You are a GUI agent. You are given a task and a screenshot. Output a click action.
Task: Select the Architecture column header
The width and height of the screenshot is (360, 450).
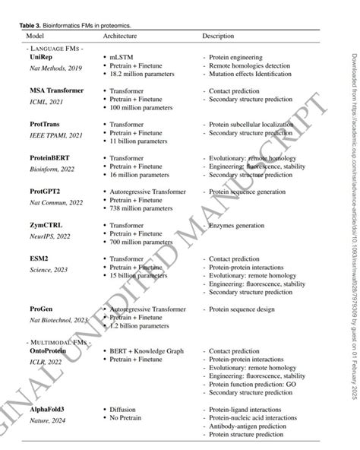click(x=121, y=36)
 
